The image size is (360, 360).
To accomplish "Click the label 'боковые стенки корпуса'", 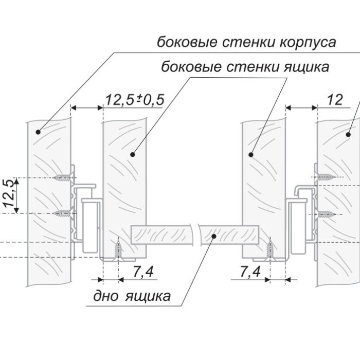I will [246, 42].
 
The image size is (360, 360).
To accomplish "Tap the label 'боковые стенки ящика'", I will [245, 67].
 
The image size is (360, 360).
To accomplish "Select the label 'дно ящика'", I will [132, 297].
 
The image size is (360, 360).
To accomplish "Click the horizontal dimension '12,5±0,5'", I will [134, 100].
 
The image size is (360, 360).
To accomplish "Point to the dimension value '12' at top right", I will [334, 100].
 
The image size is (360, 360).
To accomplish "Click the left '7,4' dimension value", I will [142, 272].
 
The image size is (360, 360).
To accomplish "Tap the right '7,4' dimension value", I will [249, 272].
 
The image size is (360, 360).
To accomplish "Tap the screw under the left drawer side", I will [119, 250].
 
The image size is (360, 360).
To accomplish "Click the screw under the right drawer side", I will [269, 250].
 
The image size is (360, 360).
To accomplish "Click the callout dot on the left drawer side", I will [133, 154].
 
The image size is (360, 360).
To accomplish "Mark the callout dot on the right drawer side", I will [251, 154].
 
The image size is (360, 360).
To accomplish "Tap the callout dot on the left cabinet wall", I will [38, 132].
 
